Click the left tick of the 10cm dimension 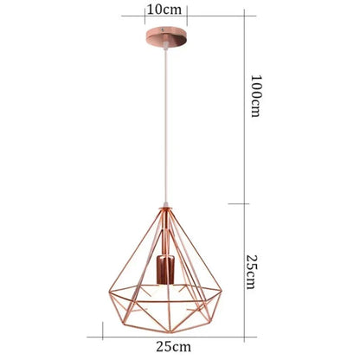click(x=146, y=12)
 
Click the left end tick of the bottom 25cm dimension click(x=103, y=332)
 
